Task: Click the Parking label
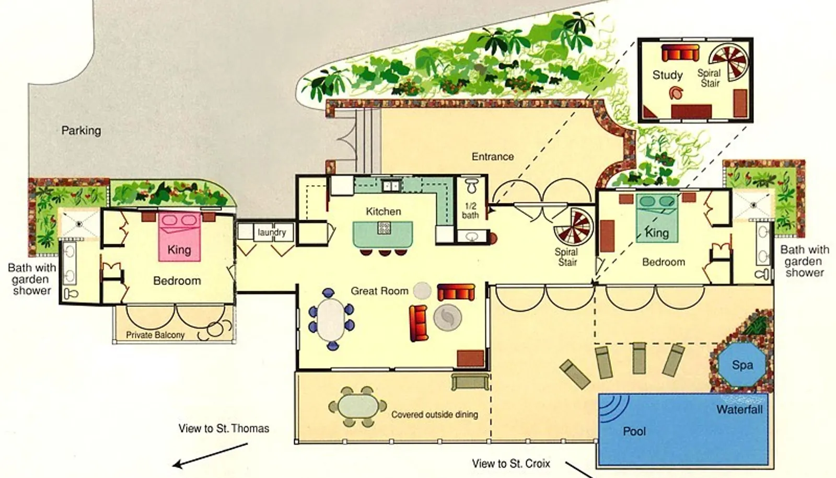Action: [x=81, y=131]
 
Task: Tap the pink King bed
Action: [x=180, y=236]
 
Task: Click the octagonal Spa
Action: [x=742, y=365]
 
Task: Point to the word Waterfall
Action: [x=739, y=409]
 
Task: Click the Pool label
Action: [x=634, y=431]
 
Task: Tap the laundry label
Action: [x=272, y=232]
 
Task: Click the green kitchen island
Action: [x=383, y=234]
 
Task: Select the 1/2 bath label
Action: [x=470, y=211]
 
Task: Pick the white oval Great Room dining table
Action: [x=331, y=320]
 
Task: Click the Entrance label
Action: [x=493, y=156]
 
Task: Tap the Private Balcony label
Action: [x=155, y=335]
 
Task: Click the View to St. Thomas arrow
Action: [x=210, y=455]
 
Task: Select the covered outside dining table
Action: [x=358, y=406]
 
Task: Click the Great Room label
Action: [x=379, y=291]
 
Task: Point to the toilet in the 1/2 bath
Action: [x=472, y=186]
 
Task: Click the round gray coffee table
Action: [x=447, y=317]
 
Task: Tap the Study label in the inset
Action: [x=668, y=75]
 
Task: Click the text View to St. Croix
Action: [x=511, y=464]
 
